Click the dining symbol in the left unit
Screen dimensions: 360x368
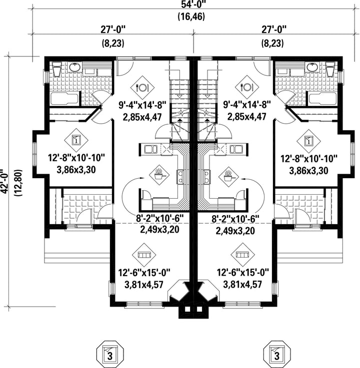coord(142,87)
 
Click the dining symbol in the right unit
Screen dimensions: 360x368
coord(246,87)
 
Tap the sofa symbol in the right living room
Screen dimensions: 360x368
coord(242,255)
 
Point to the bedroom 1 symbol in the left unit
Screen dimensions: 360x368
coord(76,140)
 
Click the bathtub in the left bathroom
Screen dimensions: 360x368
coord(65,99)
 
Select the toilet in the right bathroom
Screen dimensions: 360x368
coord(330,69)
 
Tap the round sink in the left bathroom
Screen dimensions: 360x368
coord(75,67)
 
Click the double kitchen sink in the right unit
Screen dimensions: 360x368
coord(236,149)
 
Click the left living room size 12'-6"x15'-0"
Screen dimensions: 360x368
coord(144,273)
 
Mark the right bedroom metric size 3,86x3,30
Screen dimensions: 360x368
coord(308,171)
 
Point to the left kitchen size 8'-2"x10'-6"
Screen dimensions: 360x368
coord(159,219)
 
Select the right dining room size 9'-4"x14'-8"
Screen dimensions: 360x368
coord(247,104)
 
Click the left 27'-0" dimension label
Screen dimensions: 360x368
coord(113,30)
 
